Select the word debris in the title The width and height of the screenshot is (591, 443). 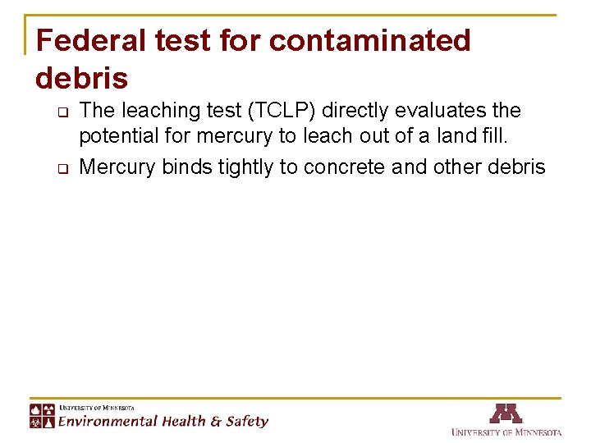pos(82,78)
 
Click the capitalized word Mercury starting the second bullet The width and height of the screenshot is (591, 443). pos(117,167)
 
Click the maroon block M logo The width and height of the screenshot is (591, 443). pos(506,413)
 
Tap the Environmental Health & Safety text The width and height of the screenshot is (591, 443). pos(163,421)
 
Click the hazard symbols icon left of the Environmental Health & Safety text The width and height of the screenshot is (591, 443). pos(43,415)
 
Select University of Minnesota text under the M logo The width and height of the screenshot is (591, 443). pos(506,432)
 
